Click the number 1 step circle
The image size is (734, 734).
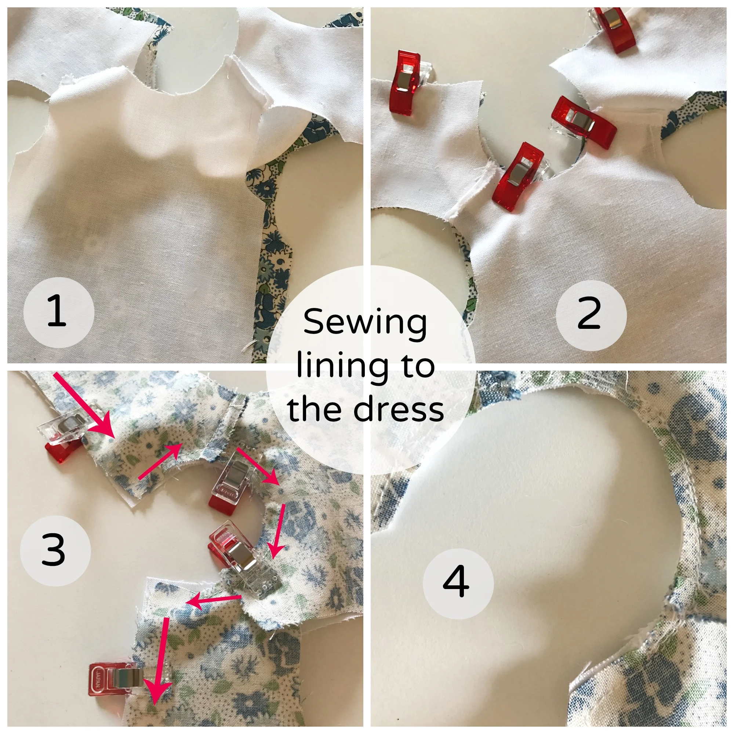tap(59, 312)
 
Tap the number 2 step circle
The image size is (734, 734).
tap(591, 315)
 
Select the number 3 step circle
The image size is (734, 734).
tap(55, 551)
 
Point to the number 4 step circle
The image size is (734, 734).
tap(458, 584)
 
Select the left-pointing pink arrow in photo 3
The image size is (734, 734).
tap(213, 601)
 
